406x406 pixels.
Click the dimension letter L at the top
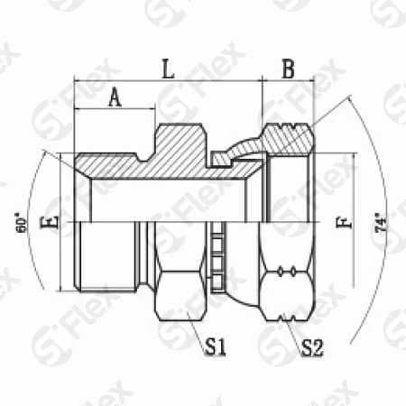pos(167,69)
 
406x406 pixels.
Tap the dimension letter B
pos(288,69)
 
